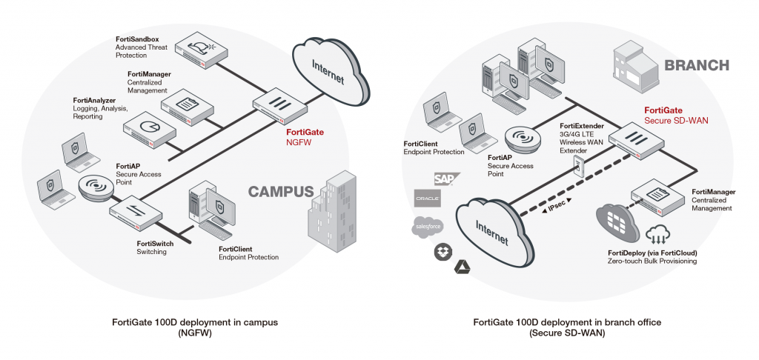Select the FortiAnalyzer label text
(x=93, y=99)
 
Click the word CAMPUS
(x=281, y=192)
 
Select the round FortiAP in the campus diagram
(x=97, y=188)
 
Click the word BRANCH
(x=697, y=64)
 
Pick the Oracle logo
(x=428, y=199)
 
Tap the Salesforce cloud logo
(x=428, y=225)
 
